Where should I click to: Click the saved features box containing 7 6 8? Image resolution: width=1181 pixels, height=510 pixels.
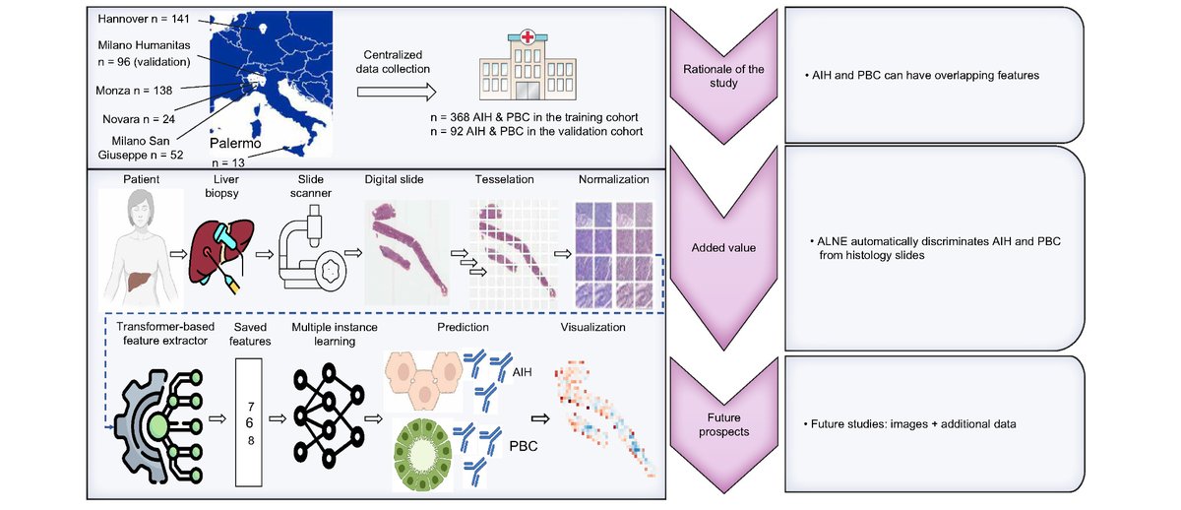click(x=250, y=421)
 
